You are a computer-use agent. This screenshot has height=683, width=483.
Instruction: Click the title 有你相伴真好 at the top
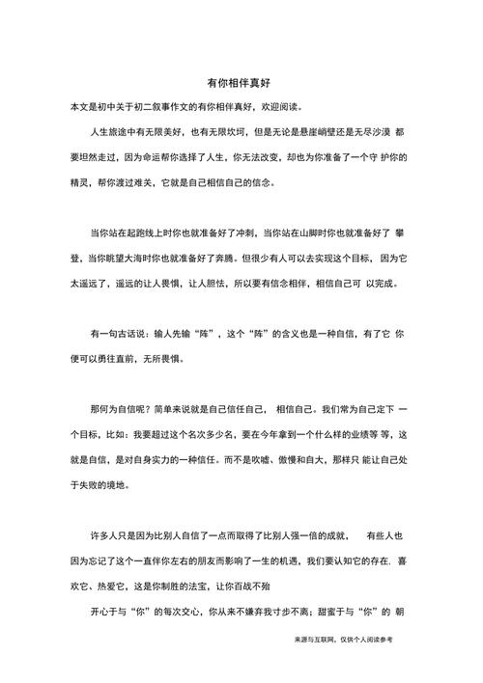pos(241,84)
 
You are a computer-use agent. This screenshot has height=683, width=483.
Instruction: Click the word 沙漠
pos(383,130)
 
